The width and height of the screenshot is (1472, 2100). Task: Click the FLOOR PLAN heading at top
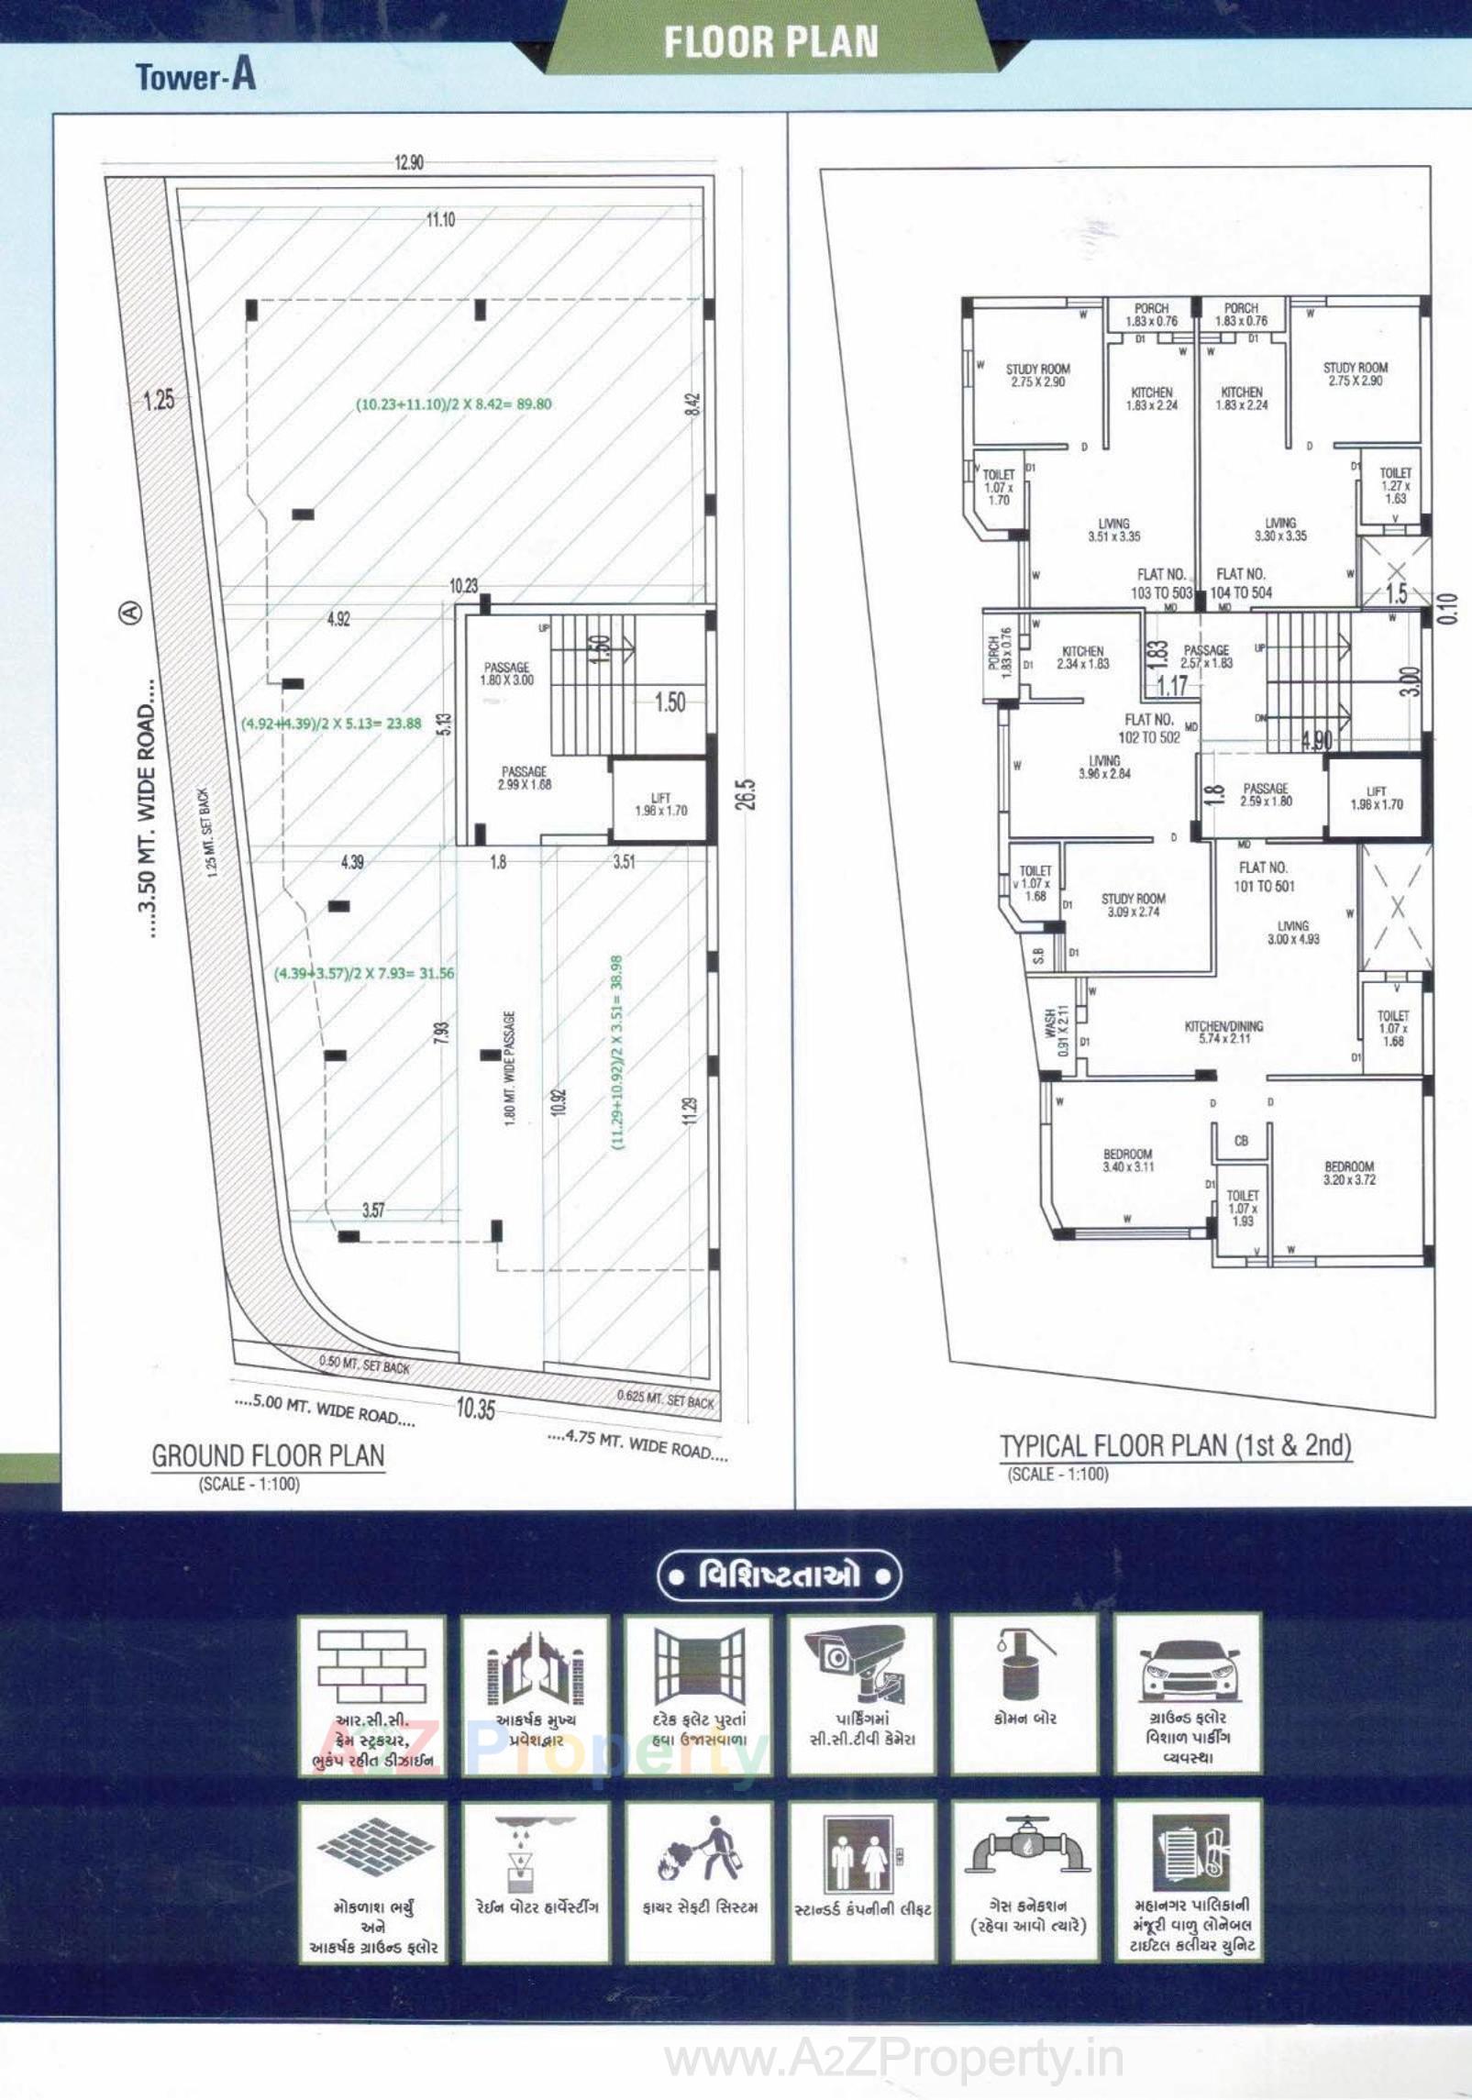770,42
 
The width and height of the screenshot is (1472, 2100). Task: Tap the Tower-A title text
195,76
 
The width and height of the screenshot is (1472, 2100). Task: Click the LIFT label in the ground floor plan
660,804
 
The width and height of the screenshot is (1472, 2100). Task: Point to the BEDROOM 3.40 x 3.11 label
1128,1160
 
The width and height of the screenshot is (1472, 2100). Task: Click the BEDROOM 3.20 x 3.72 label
1349,1173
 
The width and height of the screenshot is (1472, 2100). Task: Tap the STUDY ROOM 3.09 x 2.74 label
1134,905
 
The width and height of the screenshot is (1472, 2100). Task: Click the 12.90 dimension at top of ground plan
409,163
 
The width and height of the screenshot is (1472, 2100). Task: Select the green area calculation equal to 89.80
453,403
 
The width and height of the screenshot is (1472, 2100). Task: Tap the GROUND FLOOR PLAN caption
268,1456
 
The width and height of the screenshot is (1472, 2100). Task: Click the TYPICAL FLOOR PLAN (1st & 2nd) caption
1176,1446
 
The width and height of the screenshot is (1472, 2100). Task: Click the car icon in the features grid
1187,1667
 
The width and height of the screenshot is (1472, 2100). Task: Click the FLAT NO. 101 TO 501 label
1264,877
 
